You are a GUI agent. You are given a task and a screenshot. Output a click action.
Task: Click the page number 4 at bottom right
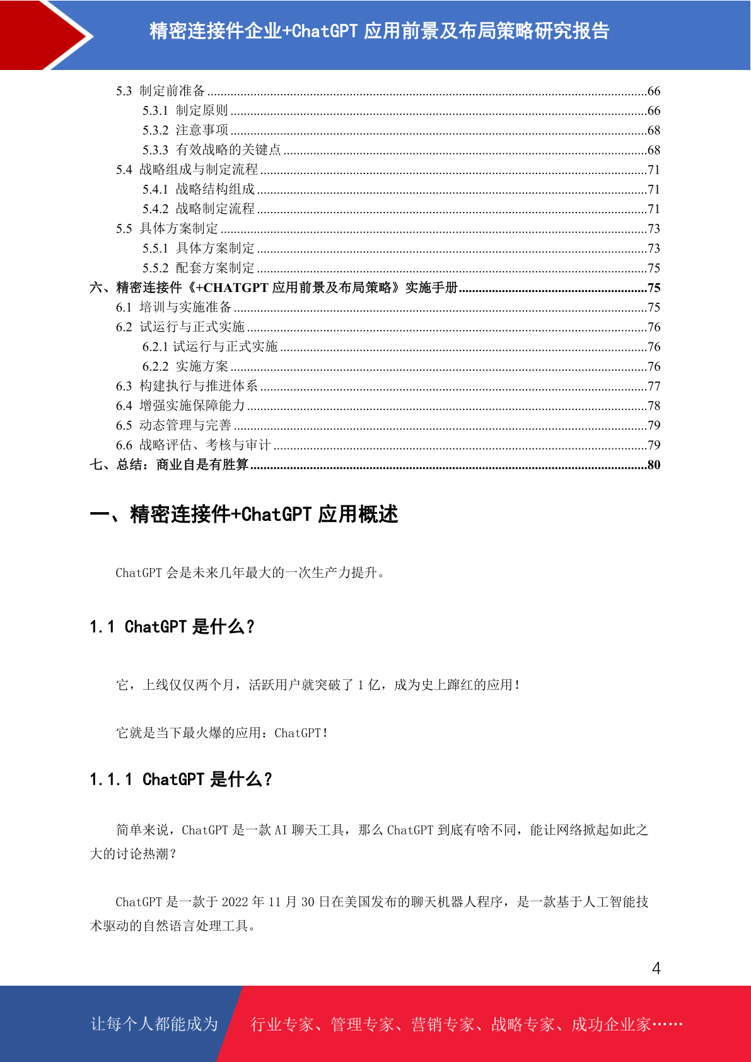click(x=656, y=968)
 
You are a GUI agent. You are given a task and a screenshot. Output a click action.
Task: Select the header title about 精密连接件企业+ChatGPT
click(x=379, y=31)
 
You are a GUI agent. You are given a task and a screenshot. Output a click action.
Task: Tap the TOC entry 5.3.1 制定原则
click(x=185, y=110)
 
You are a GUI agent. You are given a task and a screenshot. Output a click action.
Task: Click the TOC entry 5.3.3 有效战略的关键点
click(x=211, y=150)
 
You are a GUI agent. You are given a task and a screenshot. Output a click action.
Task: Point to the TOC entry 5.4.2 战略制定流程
click(x=198, y=209)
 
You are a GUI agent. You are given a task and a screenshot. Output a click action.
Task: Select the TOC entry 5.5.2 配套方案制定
click(x=198, y=268)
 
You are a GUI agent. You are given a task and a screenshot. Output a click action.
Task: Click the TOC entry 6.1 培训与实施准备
click(x=173, y=307)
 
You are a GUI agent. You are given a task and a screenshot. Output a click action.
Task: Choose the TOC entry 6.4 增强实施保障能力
click(x=180, y=406)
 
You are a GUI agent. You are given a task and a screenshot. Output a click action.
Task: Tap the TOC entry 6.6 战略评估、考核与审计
click(x=193, y=445)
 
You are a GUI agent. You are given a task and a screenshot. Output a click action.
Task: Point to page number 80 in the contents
click(x=654, y=465)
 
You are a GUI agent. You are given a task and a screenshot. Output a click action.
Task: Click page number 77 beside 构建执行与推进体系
click(x=654, y=386)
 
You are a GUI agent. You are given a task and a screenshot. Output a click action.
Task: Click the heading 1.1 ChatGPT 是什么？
click(x=172, y=627)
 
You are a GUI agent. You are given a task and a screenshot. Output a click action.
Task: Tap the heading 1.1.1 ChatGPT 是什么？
click(x=180, y=779)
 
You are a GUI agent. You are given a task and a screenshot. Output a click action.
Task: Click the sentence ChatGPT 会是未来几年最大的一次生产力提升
click(x=250, y=573)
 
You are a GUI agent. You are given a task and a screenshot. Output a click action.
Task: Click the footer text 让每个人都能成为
click(x=154, y=1024)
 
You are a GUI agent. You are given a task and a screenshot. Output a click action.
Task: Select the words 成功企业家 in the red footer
click(x=610, y=1024)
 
